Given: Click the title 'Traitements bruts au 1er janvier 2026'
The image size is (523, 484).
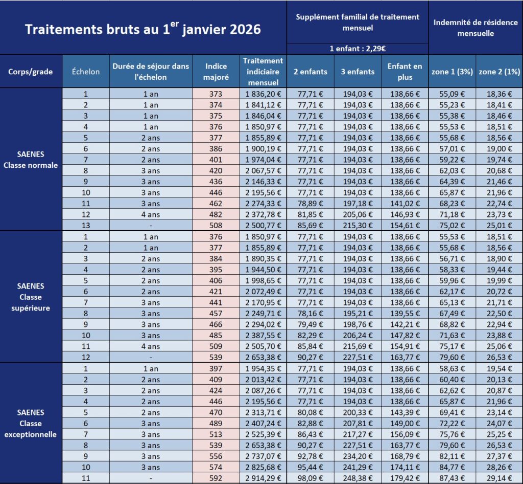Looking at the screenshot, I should [143, 29].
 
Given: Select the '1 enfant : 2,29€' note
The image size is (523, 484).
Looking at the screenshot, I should [357, 49].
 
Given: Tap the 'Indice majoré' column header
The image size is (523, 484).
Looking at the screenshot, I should [216, 72].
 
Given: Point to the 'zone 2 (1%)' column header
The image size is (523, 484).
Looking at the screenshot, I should [499, 72].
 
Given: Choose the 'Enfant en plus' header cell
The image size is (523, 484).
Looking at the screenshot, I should [405, 72].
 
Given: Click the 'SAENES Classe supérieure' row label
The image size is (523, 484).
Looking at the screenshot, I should [31, 297].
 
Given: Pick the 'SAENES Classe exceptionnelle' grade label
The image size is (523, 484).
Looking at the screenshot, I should [31, 423].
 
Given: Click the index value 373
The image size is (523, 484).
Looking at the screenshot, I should [216, 94].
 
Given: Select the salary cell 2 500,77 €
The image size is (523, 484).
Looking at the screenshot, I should [263, 225].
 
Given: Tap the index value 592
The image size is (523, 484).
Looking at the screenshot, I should [216, 477].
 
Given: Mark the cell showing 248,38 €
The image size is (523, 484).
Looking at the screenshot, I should [358, 477].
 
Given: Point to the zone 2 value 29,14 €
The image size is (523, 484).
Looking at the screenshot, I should [499, 477].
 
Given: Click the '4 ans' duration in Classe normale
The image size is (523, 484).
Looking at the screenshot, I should [150, 214].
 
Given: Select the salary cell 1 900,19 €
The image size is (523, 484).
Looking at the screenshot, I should [263, 148].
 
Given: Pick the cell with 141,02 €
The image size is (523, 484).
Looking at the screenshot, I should [405, 203].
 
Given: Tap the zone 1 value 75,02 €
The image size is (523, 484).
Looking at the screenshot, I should [451, 225].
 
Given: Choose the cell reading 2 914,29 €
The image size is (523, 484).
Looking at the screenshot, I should [263, 477].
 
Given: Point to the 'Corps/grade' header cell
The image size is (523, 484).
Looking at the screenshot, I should [31, 72].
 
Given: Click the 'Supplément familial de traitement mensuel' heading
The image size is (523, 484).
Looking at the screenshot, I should [357, 22].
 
